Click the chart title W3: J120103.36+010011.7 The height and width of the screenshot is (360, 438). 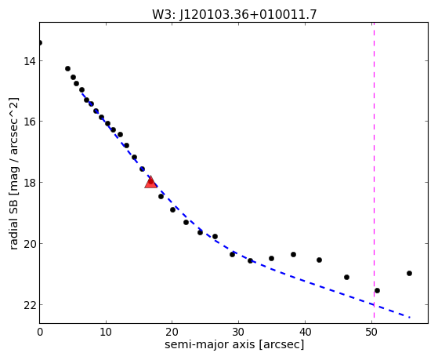[234, 14]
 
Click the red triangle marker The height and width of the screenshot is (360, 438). [151, 183]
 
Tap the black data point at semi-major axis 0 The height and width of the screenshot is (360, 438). [40, 43]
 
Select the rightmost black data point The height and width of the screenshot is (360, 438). [409, 273]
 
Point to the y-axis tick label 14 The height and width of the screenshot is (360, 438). [29, 61]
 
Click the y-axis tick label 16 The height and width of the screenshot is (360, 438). [29, 122]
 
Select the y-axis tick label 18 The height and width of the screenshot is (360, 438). [29, 183]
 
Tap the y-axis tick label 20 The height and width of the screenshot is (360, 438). [29, 244]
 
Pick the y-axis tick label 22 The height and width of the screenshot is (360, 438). [29, 304]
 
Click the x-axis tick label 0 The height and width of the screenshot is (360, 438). [40, 332]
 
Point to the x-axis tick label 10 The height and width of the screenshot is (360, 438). [106, 332]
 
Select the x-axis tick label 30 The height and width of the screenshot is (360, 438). [238, 332]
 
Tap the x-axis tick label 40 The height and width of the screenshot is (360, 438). [305, 332]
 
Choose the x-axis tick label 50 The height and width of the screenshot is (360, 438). [371, 332]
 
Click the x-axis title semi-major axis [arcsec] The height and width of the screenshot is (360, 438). [234, 344]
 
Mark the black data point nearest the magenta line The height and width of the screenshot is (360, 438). [377, 291]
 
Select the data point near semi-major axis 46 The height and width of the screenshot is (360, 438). [346, 277]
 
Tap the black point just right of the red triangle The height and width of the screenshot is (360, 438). [161, 196]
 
